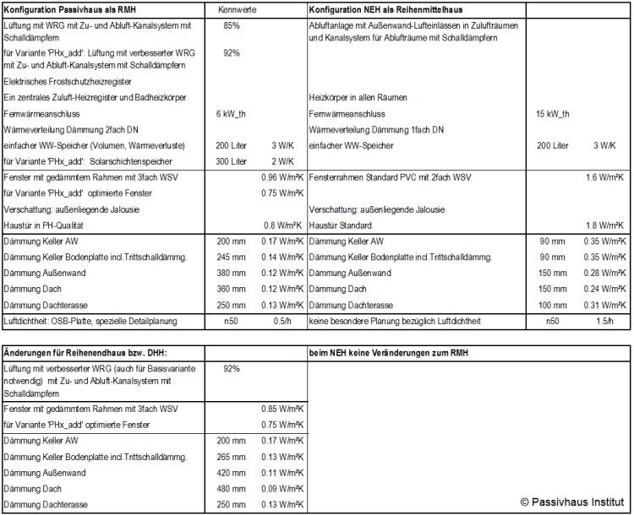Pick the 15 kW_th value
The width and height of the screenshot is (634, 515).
click(x=553, y=114)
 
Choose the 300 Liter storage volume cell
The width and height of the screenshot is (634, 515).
click(x=232, y=160)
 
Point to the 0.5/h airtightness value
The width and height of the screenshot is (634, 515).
click(x=282, y=322)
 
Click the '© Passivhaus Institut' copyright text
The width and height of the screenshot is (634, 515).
click(x=571, y=501)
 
